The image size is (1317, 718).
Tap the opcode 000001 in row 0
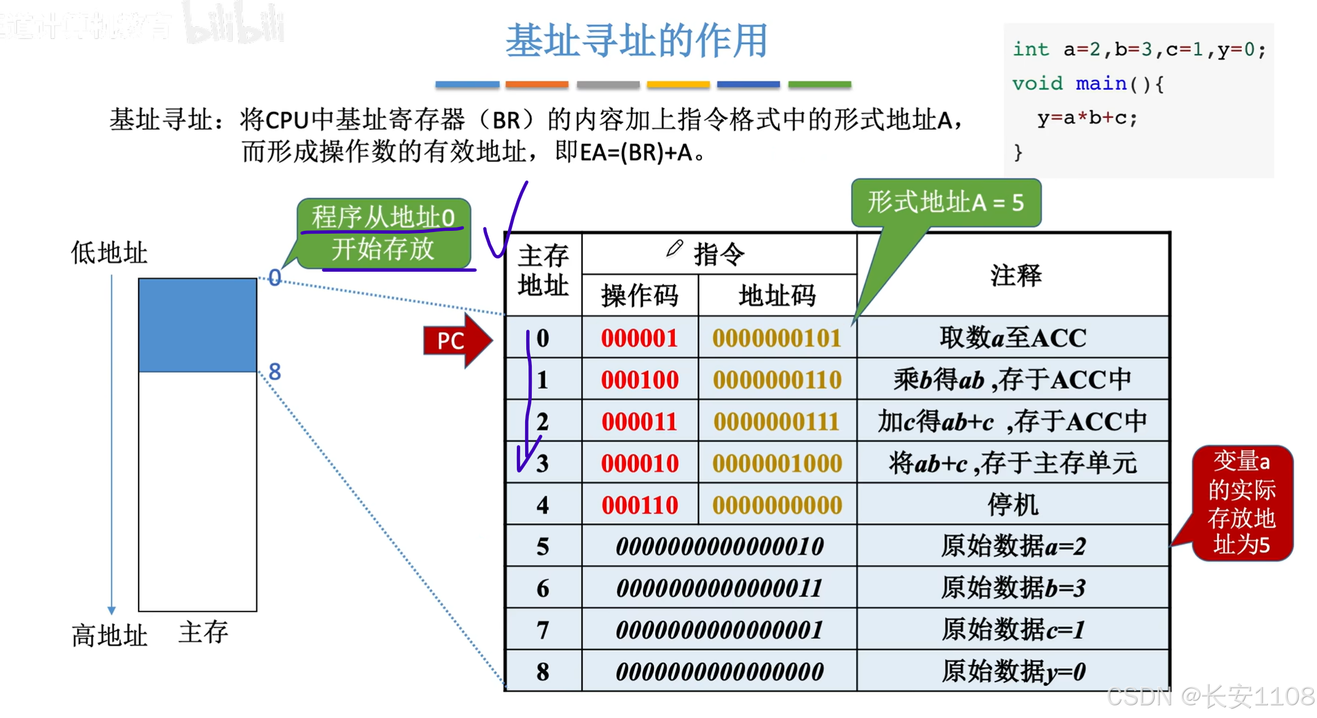(639, 338)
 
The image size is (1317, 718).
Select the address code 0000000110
(777, 380)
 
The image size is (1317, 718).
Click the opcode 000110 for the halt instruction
(639, 505)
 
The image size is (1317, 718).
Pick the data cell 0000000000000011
(719, 588)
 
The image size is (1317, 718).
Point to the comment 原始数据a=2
(1013, 547)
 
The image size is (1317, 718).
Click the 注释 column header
(1015, 275)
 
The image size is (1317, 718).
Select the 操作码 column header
(639, 295)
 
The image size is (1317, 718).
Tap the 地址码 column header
(777, 295)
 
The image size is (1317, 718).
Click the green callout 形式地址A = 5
(945, 203)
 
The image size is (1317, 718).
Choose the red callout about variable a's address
(1241, 503)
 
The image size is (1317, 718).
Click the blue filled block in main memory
(197, 325)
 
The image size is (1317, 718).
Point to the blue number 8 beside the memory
(274, 372)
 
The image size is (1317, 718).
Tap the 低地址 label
(109, 253)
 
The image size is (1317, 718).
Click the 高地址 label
(109, 635)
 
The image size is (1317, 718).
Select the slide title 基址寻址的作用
(637, 41)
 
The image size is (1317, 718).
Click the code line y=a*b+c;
(1087, 118)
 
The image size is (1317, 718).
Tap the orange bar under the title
(537, 85)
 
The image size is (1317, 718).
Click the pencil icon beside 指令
(674, 249)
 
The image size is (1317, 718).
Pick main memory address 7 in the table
(542, 630)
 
